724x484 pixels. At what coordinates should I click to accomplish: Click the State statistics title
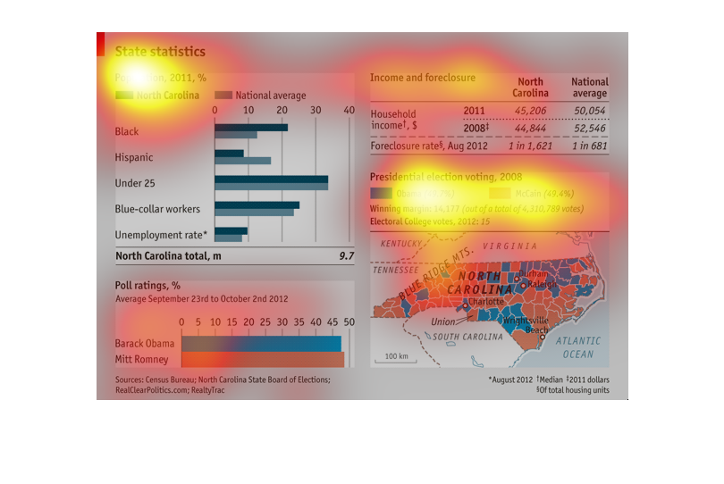tap(160, 52)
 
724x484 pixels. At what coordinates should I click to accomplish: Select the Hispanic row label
tap(134, 158)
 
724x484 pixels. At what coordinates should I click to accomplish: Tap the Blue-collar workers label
tap(157, 209)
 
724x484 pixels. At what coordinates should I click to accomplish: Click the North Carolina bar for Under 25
tap(271, 179)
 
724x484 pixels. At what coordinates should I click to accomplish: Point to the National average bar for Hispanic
tap(242, 161)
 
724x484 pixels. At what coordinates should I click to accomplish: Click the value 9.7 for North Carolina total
tap(346, 256)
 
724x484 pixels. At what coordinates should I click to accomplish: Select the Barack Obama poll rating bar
tap(261, 344)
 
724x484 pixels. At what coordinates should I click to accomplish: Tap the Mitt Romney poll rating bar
tap(263, 359)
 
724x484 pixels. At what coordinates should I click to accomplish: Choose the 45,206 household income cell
tap(530, 111)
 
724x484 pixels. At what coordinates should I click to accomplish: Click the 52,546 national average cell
tap(590, 128)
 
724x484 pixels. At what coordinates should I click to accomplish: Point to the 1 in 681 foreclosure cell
tap(590, 146)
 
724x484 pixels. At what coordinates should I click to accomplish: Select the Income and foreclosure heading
tap(423, 78)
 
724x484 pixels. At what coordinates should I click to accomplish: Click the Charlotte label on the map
tap(486, 302)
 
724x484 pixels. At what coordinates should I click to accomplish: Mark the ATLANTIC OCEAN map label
tap(578, 348)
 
